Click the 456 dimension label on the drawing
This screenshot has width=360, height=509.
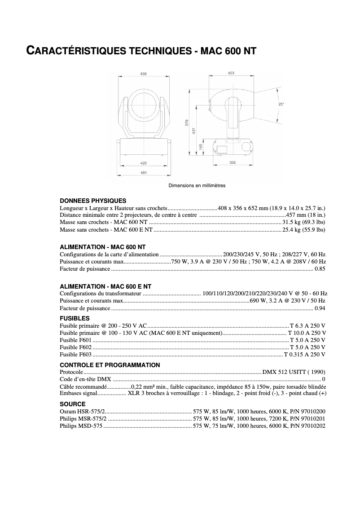pyautogui.click(x=143, y=74)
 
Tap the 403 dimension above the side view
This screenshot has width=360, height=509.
pyautogui.click(x=231, y=73)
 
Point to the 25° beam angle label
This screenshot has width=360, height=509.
pyautogui.click(x=281, y=104)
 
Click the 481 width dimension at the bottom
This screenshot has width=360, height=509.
pyautogui.click(x=144, y=173)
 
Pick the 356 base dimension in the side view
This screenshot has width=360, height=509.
pyautogui.click(x=232, y=162)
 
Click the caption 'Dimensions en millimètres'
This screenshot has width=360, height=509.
pyautogui.click(x=197, y=185)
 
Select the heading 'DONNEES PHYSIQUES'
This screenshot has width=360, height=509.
pyautogui.click(x=93, y=201)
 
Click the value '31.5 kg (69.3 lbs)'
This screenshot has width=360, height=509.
pyautogui.click(x=303, y=222)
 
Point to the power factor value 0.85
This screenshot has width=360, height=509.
pyautogui.click(x=320, y=269)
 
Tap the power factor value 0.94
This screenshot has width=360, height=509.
pyautogui.click(x=320, y=308)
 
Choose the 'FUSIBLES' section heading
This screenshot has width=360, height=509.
pyautogui.click(x=75, y=318)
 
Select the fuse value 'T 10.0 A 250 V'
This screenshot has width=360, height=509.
pyautogui.click(x=307, y=333)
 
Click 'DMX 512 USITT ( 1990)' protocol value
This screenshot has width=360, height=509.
pyautogui.click(x=294, y=372)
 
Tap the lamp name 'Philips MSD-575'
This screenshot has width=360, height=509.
pyautogui.click(x=81, y=426)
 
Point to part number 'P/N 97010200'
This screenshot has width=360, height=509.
pyautogui.click(x=308, y=411)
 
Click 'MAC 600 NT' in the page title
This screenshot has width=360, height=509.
pyautogui.click(x=228, y=51)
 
